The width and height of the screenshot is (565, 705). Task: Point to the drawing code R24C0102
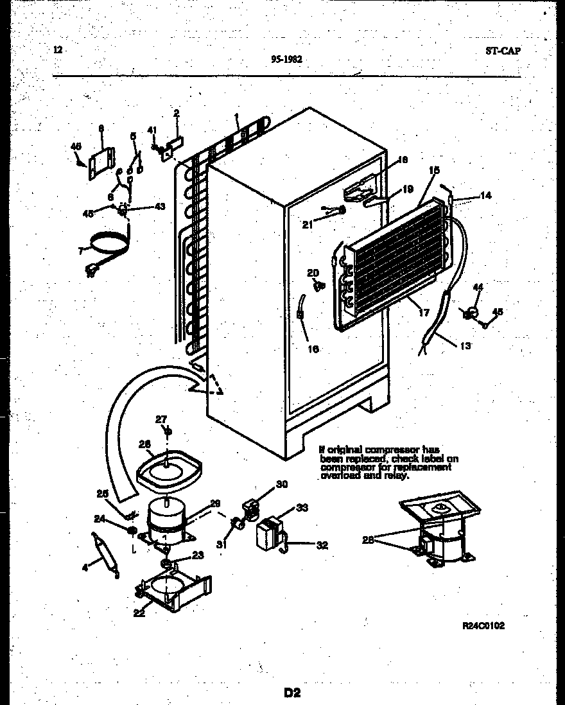tap(483, 626)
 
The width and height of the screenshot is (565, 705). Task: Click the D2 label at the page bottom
tap(291, 692)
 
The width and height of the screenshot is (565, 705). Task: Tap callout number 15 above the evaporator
tap(434, 170)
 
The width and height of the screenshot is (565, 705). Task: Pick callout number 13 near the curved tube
tap(465, 346)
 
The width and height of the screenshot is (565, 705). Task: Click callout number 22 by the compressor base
tap(139, 613)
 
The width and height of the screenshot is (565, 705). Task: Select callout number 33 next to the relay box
tap(302, 508)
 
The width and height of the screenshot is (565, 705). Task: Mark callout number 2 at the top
tap(177, 114)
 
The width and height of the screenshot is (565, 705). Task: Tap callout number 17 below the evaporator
tap(424, 313)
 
